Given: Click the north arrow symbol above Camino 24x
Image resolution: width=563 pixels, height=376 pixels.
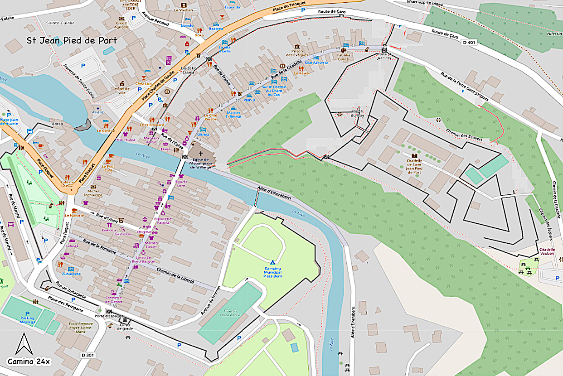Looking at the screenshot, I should point(22,344).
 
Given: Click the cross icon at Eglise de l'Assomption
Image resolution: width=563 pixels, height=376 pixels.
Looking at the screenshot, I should point(200,154).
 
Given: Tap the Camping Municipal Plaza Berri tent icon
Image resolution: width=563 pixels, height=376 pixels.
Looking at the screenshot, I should point(272,262).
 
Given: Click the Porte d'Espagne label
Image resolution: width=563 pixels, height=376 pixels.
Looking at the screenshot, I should point(109,316).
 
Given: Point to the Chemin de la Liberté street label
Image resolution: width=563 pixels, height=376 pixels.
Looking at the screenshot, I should point(175,275).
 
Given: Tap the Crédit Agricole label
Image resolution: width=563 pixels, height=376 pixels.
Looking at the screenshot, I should point(121,24).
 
